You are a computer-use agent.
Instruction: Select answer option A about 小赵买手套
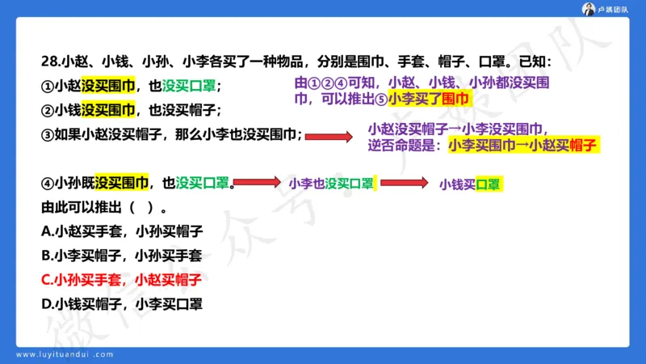point(121,231)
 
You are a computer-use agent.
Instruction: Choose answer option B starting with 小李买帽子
point(121,255)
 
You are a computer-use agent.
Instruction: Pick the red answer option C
point(121,280)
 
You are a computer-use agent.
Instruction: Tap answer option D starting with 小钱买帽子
point(121,304)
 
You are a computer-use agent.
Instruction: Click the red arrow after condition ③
point(328,137)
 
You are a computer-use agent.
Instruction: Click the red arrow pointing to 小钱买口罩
point(403,183)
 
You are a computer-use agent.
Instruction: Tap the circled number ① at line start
point(47,86)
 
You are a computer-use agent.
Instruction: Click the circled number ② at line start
point(47,110)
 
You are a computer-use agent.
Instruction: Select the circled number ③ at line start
point(47,135)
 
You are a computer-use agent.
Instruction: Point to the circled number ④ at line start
point(47,183)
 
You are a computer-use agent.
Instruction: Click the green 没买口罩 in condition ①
point(190,86)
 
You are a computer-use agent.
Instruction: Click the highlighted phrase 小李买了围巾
point(429,99)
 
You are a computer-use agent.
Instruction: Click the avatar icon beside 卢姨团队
point(590,9)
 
